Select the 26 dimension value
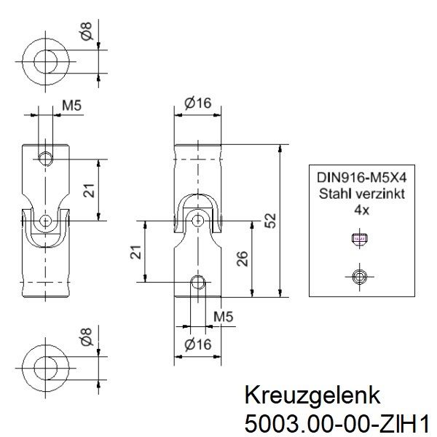pyautogui.click(x=243, y=259)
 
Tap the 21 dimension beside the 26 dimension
pyautogui.click(x=135, y=253)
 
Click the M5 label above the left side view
pyautogui.click(x=71, y=106)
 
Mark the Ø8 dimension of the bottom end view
pyautogui.click(x=87, y=337)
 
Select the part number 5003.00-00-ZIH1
pyautogui.click(x=334, y=422)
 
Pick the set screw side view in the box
pyautogui.click(x=358, y=237)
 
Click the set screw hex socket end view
pyautogui.click(x=358, y=275)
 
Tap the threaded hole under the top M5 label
pyautogui.click(x=46, y=157)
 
